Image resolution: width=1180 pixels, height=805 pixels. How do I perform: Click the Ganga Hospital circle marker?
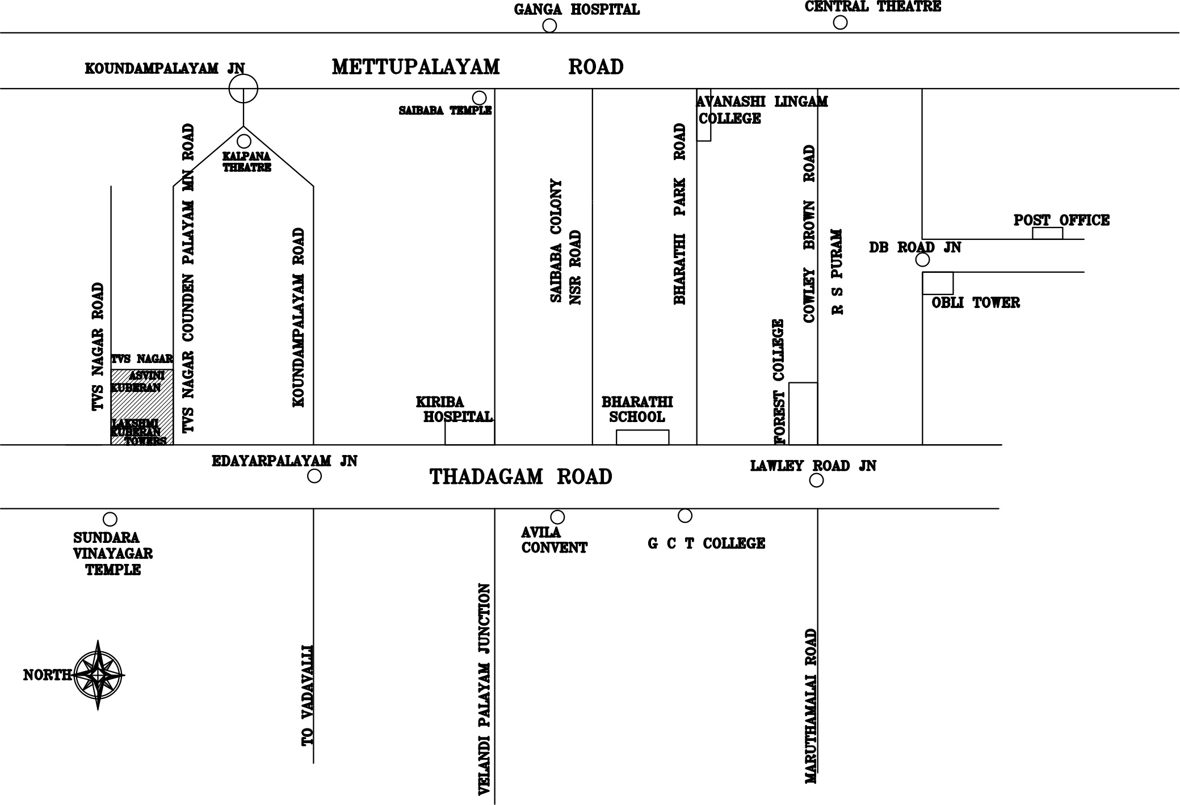coord(549,26)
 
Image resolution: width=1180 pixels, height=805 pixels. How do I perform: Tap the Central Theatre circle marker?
coord(840,22)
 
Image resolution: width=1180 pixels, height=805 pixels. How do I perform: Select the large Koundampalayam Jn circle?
coord(243,88)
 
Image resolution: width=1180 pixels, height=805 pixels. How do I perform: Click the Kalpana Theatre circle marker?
coord(244,141)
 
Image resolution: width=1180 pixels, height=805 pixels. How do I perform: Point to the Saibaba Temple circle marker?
coord(480,98)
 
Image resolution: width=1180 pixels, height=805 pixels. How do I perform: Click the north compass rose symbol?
coord(98,675)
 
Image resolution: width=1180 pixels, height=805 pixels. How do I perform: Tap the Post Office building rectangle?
coord(1047,233)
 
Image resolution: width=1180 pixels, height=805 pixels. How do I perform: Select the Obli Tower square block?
coord(938,283)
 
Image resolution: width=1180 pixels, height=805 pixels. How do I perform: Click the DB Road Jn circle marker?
coord(923,260)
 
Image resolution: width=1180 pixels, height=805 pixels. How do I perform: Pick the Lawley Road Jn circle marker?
coord(816,481)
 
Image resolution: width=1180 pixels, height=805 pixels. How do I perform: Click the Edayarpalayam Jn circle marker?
coord(314,476)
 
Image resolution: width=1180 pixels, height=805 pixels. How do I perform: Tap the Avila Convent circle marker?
coord(558,517)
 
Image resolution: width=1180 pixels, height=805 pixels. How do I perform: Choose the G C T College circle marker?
coord(685,516)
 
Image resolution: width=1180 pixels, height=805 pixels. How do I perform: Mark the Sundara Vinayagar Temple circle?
coord(110,519)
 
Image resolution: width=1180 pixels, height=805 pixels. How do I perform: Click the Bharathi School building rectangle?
coord(643,437)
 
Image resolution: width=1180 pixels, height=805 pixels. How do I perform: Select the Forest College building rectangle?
coord(803,414)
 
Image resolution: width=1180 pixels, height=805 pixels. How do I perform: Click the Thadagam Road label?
coord(521,477)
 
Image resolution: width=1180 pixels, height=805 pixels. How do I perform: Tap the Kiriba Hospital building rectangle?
coord(469,433)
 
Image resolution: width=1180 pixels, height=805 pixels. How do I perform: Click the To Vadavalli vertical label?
coord(307,695)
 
